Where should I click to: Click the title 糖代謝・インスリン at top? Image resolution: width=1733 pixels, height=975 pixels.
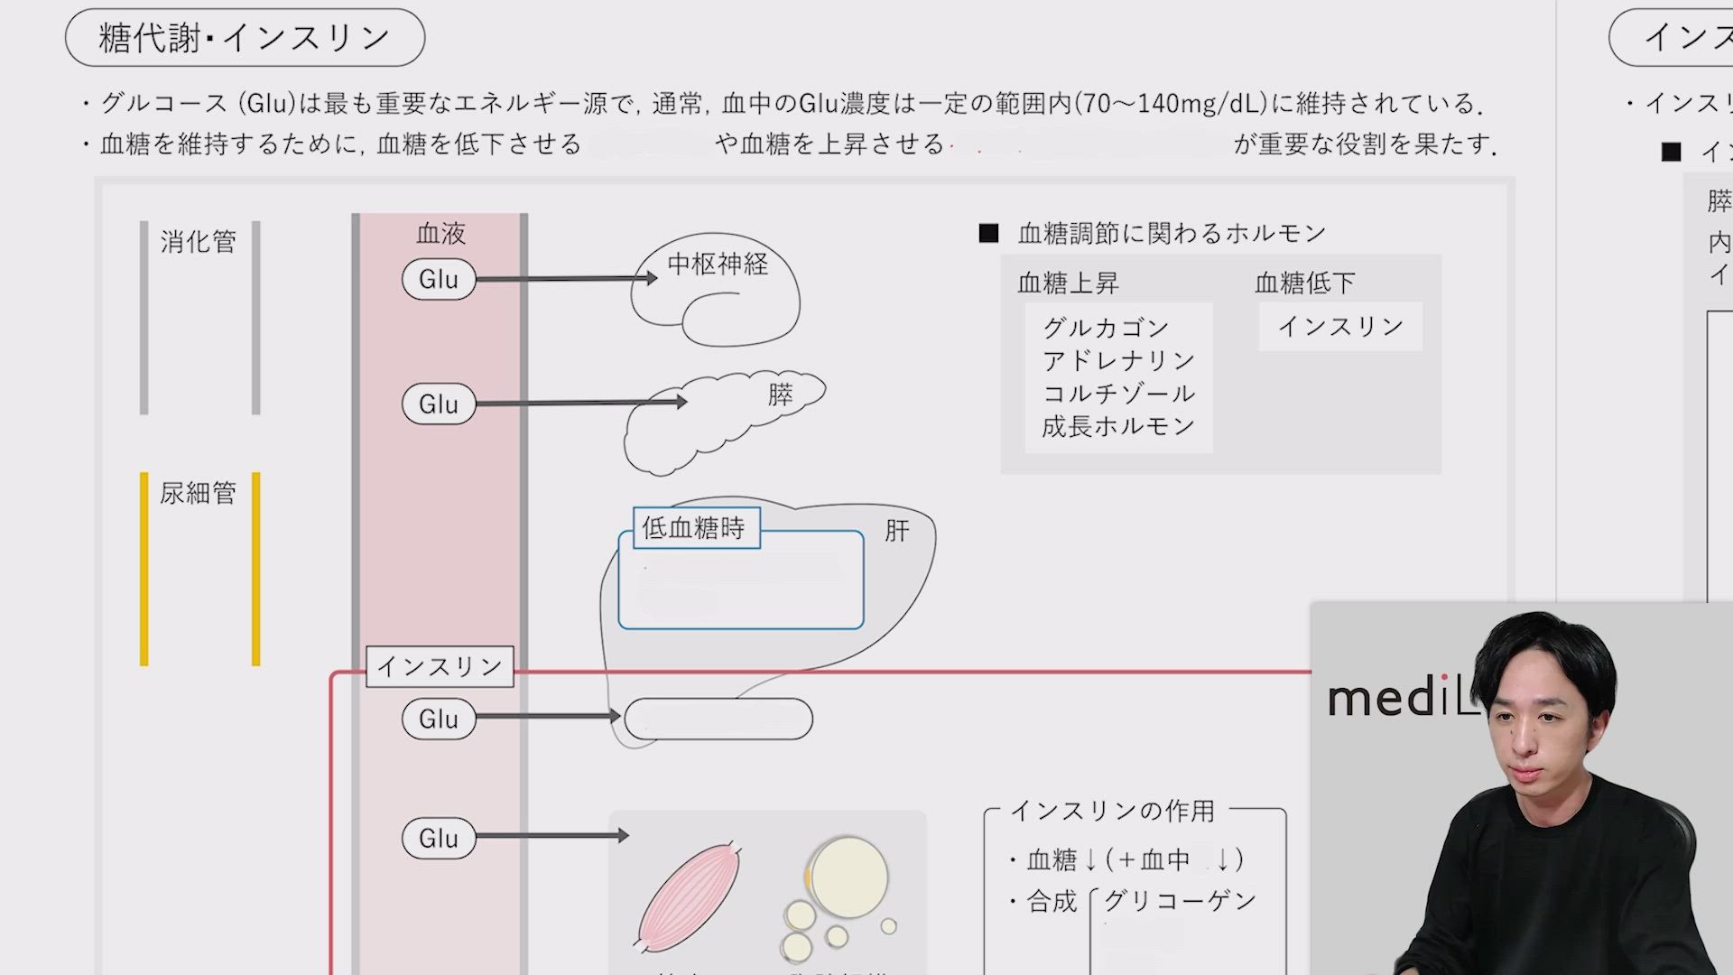pyautogui.click(x=245, y=38)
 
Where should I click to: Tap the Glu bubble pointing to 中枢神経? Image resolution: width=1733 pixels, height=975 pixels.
pyautogui.click(x=439, y=279)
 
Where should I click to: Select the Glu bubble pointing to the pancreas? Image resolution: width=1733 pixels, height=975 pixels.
pyautogui.click(x=439, y=404)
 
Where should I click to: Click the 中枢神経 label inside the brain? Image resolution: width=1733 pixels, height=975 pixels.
pyautogui.click(x=718, y=264)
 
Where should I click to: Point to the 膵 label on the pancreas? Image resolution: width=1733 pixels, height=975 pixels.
pyautogui.click(x=781, y=395)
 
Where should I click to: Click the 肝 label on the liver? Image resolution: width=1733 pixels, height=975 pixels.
pyautogui.click(x=896, y=530)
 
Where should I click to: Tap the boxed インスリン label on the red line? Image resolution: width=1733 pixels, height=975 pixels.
pyautogui.click(x=440, y=666)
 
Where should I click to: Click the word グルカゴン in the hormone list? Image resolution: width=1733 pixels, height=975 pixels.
pyautogui.click(x=1106, y=327)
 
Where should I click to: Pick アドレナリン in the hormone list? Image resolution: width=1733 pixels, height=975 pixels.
pyautogui.click(x=1118, y=360)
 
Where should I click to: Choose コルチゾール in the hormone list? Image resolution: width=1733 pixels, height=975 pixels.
pyautogui.click(x=1118, y=394)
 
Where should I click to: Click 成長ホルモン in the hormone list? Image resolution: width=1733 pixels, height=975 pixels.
pyautogui.click(x=1118, y=426)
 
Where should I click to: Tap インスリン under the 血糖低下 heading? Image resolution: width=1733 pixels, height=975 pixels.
pyautogui.click(x=1340, y=326)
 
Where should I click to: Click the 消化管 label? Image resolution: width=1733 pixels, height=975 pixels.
pyautogui.click(x=199, y=242)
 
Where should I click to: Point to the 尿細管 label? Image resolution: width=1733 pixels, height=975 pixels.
pyautogui.click(x=199, y=493)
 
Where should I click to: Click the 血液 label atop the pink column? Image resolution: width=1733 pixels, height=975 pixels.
pyautogui.click(x=440, y=234)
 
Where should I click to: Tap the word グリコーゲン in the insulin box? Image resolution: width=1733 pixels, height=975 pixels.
pyautogui.click(x=1180, y=900)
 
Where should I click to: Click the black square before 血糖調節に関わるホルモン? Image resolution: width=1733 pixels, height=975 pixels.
pyautogui.click(x=988, y=234)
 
